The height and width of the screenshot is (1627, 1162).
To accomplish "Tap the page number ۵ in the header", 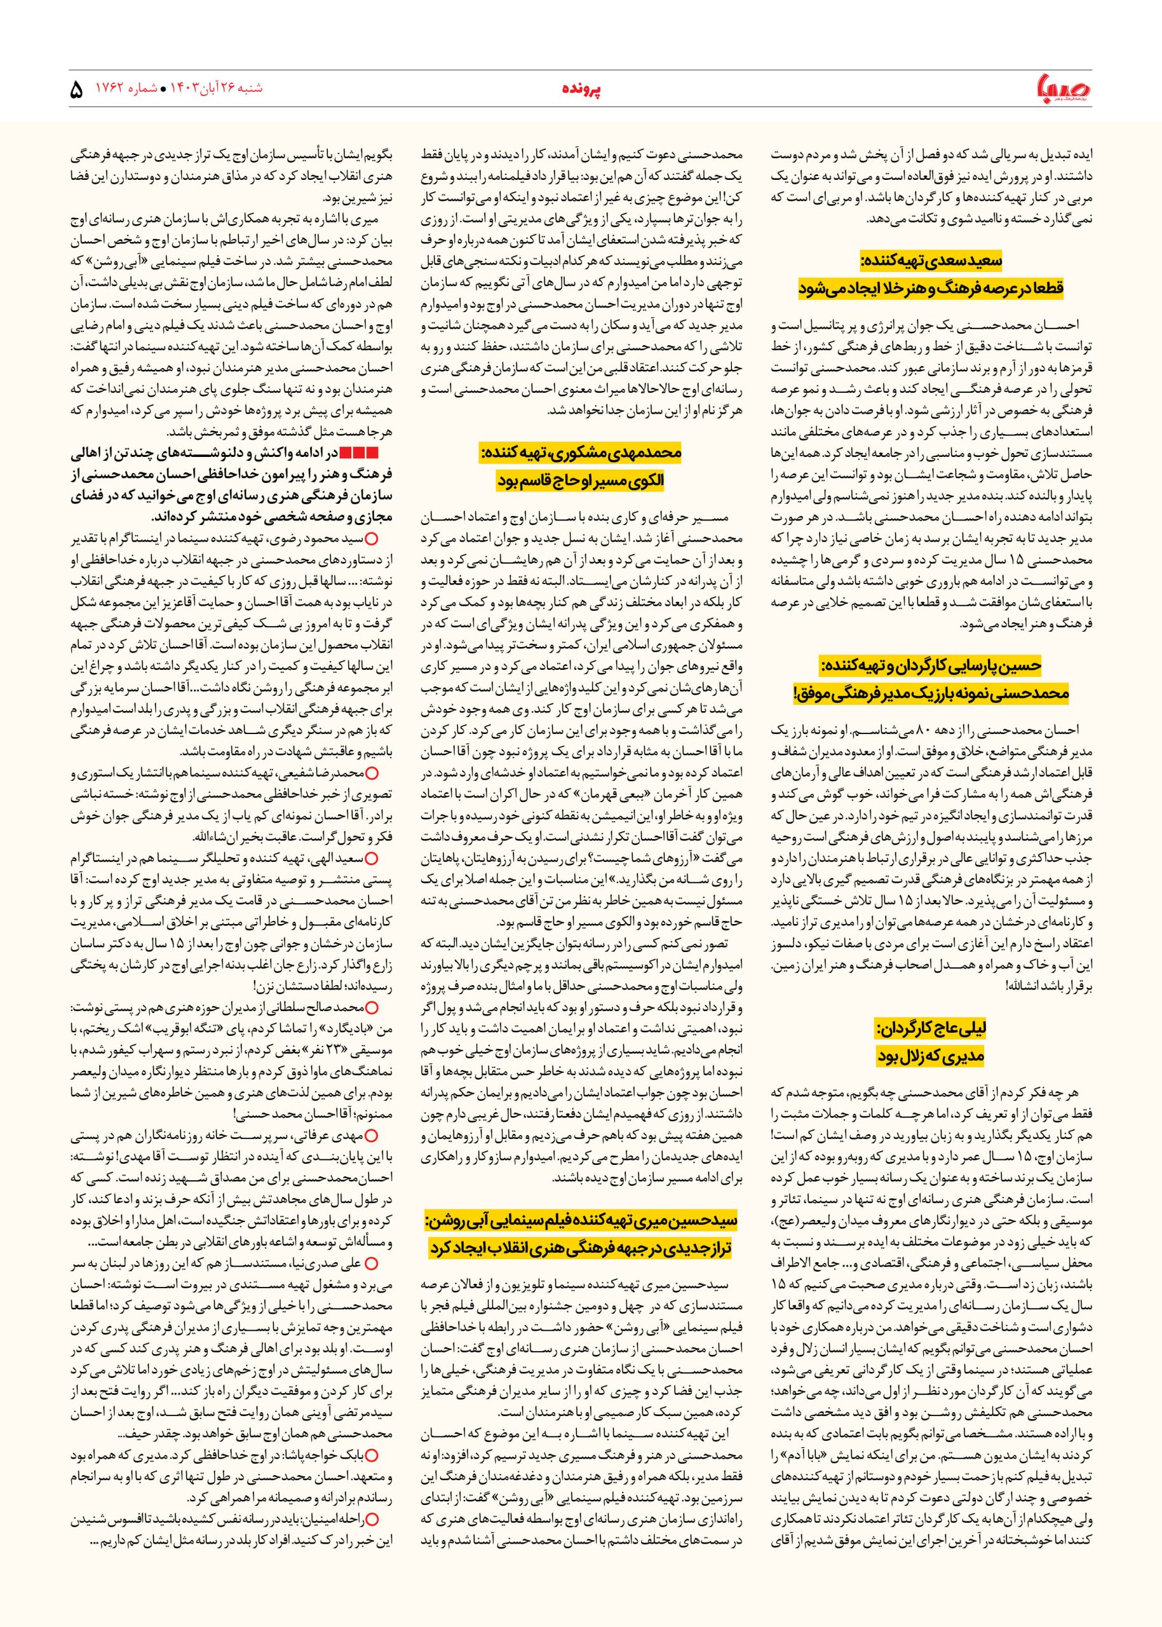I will [x=77, y=91].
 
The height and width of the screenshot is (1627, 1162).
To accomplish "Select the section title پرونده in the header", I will [x=581, y=91].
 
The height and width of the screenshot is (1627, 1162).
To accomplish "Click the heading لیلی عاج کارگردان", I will [x=932, y=1028].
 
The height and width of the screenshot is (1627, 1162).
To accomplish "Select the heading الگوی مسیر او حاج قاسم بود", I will [x=581, y=481].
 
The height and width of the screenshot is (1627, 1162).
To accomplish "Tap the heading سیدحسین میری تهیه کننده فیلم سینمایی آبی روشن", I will [x=581, y=1220].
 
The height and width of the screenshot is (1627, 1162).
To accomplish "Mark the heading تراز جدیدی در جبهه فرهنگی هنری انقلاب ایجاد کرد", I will [x=581, y=1248].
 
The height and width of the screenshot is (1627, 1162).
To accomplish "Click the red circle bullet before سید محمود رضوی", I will [x=370, y=538].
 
